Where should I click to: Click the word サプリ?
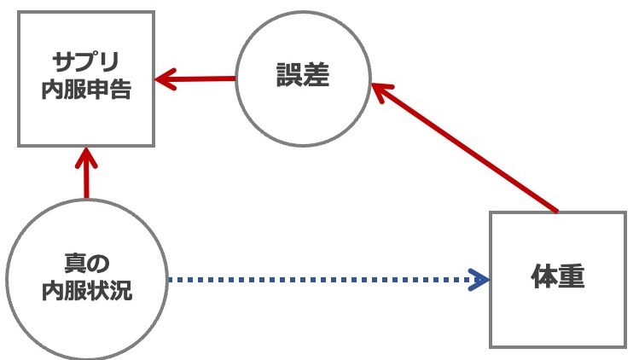(85, 63)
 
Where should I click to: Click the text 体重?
(559, 280)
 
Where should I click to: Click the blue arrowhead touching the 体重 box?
(481, 280)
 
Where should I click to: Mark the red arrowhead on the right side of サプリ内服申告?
(164, 81)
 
